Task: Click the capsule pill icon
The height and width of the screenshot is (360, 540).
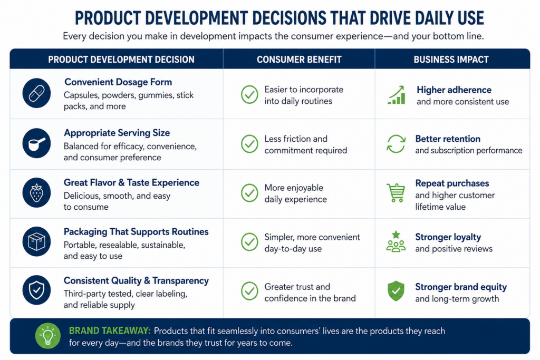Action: (x=36, y=93)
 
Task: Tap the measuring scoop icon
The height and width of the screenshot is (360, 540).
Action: (x=36, y=143)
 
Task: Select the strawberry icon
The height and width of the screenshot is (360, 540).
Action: (x=36, y=192)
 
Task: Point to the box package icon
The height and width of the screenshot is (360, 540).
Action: (x=36, y=241)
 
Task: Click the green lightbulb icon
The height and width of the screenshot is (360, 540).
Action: (x=48, y=336)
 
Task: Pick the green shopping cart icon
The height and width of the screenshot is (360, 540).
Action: (x=396, y=193)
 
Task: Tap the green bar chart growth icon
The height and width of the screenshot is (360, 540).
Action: (x=397, y=95)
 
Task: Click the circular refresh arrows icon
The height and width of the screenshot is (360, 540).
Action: (x=396, y=144)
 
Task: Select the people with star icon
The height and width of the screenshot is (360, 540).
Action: (x=396, y=241)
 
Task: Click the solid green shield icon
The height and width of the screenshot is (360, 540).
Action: (x=396, y=291)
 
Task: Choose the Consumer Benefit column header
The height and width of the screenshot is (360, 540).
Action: (x=299, y=60)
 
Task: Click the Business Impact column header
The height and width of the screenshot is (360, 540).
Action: (x=451, y=60)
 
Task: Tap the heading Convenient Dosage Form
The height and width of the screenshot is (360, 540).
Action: (x=118, y=82)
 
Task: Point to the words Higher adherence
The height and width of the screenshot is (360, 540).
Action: (x=454, y=90)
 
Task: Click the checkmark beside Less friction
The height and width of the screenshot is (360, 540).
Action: (x=249, y=144)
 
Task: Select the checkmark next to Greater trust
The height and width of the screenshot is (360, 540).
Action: (x=249, y=291)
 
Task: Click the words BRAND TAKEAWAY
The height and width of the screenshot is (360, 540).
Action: (x=110, y=330)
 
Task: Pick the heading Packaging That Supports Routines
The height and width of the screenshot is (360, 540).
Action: (x=136, y=231)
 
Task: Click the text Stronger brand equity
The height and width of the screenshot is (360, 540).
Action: (x=461, y=287)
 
